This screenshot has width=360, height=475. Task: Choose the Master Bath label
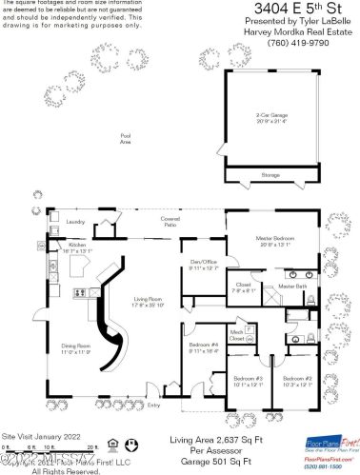pos(292,285)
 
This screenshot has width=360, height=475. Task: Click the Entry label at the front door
pos(154,404)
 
